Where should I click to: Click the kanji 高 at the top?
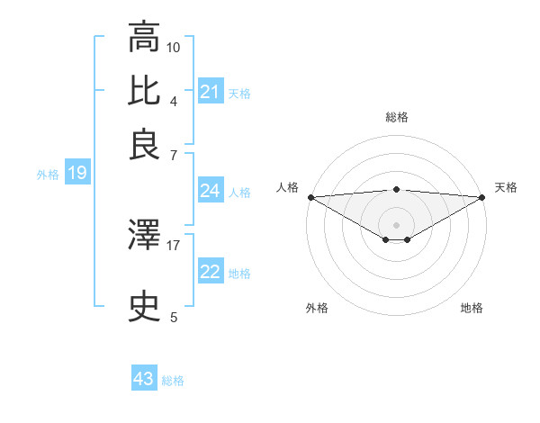click(x=145, y=38)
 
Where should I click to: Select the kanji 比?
click(x=145, y=91)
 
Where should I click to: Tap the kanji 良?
click(x=145, y=144)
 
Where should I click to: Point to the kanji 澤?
click(x=145, y=236)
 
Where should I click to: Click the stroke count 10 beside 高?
click(x=174, y=46)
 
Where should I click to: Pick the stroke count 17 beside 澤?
click(x=174, y=244)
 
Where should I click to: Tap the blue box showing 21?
click(x=210, y=92)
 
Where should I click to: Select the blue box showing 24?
click(x=210, y=191)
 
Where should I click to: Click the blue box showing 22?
click(x=210, y=273)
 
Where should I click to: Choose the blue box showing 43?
click(x=143, y=379)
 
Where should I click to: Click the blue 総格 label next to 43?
click(x=173, y=381)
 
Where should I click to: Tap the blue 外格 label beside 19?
click(x=47, y=175)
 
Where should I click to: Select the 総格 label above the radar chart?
click(x=396, y=117)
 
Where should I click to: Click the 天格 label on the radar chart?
click(x=506, y=187)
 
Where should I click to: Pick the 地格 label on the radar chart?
click(x=472, y=308)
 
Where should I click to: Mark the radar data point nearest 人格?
click(x=310, y=197)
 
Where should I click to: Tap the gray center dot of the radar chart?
click(x=396, y=224)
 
